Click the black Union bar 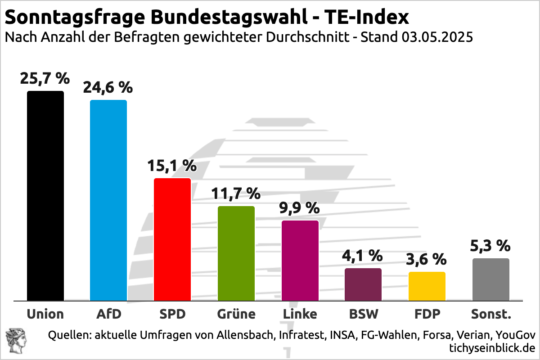[45, 196]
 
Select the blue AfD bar [108, 200]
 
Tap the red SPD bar [172, 239]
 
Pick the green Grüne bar [236, 253]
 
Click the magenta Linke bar [300, 261]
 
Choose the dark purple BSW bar [363, 284]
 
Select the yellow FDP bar [427, 286]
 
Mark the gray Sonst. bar [491, 279]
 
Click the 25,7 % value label [45, 79]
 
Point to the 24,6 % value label [108, 87]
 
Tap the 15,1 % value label [172, 166]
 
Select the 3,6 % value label [426, 259]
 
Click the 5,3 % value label [490, 246]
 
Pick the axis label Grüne [236, 314]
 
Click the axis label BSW [363, 314]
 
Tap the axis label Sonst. [491, 314]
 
